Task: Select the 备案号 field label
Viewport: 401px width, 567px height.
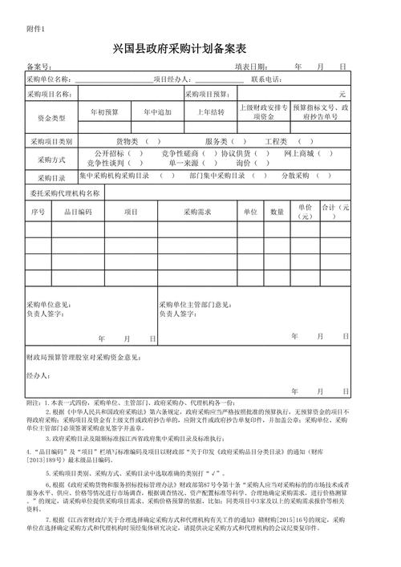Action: [39, 67]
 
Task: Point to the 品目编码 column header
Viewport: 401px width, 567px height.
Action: [79, 212]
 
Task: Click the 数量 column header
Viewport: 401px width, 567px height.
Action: [277, 212]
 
